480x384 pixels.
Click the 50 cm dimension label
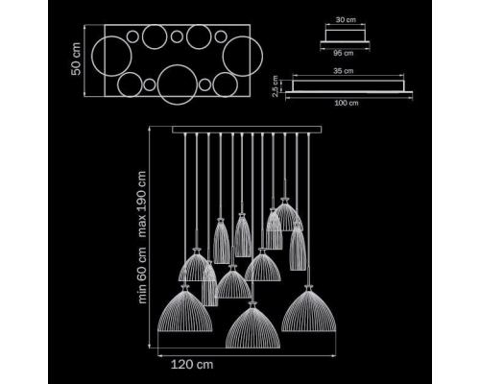[x=76, y=59]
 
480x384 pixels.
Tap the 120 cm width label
[x=192, y=365]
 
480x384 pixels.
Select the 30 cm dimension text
[x=346, y=20]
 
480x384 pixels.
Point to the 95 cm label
[x=344, y=53]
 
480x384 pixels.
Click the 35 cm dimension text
[x=343, y=71]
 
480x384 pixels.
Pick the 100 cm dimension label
[x=347, y=103]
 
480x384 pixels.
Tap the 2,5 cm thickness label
[x=275, y=85]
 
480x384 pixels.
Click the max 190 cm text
[x=141, y=204]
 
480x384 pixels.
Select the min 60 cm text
[x=141, y=275]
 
